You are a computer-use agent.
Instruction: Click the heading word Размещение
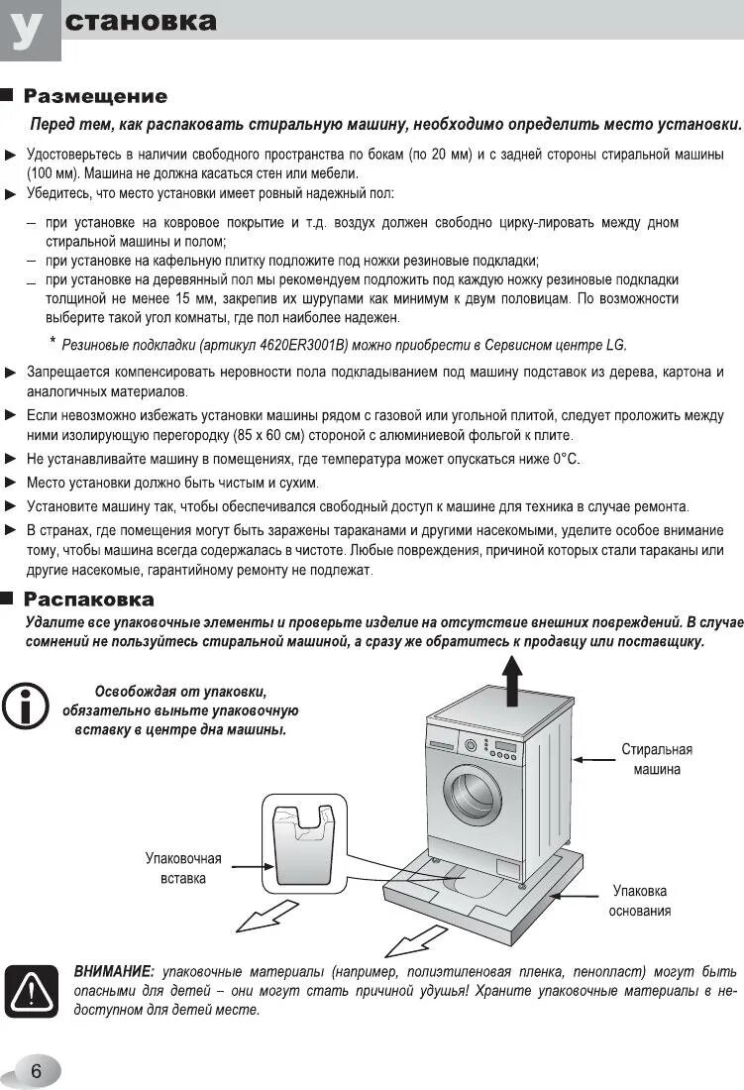click(95, 96)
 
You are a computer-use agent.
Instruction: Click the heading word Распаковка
click(88, 599)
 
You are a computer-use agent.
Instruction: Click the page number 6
click(36, 1071)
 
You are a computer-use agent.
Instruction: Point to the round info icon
click(25, 706)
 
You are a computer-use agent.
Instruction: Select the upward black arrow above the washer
click(512, 684)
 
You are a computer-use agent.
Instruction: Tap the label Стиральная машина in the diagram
click(657, 759)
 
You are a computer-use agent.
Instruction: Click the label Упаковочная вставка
click(183, 868)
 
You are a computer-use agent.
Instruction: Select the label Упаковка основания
click(639, 901)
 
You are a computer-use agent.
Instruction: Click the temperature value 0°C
click(566, 459)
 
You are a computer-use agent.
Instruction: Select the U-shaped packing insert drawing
click(302, 843)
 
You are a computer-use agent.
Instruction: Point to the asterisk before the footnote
click(53, 341)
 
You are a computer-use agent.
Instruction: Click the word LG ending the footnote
click(616, 345)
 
